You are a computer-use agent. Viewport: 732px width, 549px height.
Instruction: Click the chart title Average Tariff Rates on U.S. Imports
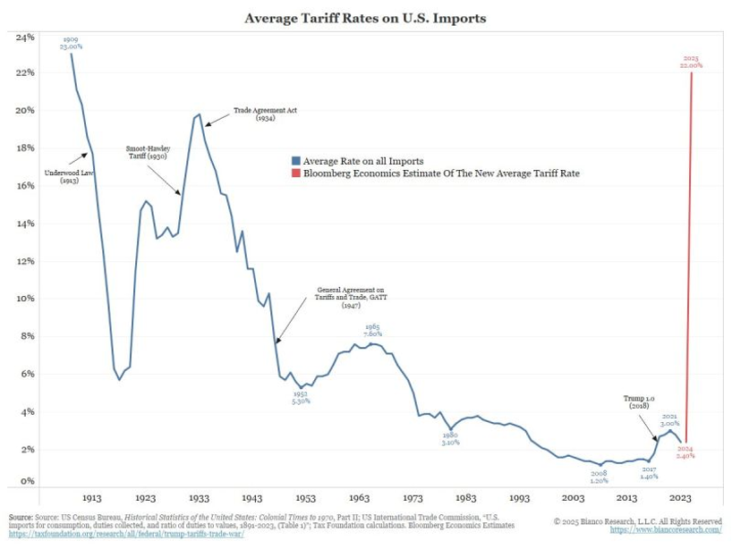coord(365,17)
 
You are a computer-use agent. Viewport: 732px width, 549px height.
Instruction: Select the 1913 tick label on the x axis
coord(91,497)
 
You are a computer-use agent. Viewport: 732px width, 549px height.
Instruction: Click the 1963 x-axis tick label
coord(360,497)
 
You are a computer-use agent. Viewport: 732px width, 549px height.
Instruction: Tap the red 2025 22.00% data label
coord(690,62)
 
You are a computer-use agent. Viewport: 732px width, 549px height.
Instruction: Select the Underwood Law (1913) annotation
coord(69,177)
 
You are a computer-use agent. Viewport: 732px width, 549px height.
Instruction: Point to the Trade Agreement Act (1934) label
coord(265,114)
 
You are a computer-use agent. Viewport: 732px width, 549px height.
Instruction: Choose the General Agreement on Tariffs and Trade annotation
coord(350,298)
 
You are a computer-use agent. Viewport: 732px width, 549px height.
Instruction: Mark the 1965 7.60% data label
coord(372,331)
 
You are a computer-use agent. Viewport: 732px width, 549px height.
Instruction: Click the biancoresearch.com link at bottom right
coord(667,529)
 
